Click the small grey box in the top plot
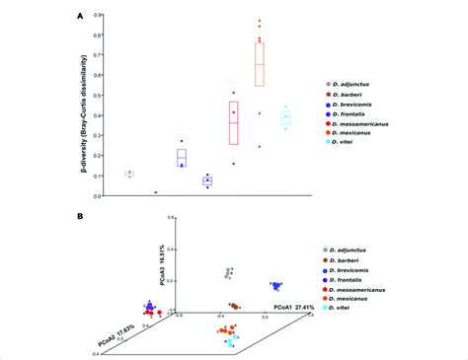[129, 174]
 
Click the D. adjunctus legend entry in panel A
[356, 86]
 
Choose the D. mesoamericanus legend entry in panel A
[365, 124]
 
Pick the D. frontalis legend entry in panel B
[353, 281]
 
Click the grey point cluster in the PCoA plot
[230, 272]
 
